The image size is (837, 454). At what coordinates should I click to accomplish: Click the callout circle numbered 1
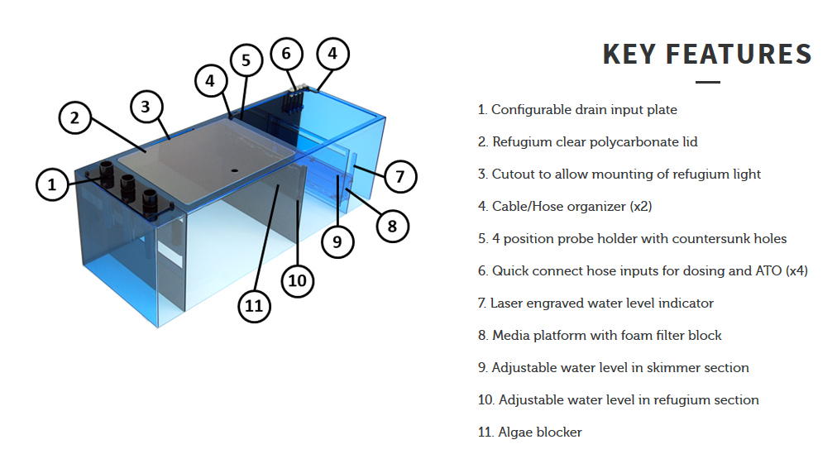coord(52,184)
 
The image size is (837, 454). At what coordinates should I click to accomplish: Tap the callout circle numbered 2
coord(74,117)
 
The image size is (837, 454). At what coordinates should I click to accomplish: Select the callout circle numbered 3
coord(146,106)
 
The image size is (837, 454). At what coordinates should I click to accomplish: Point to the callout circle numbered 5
coord(246,60)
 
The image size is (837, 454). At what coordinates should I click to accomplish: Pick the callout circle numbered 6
coord(287,54)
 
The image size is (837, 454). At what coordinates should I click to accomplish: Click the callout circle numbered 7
coord(399,177)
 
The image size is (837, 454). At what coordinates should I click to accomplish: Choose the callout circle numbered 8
coord(392,227)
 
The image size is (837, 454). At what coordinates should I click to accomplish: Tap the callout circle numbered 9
coord(337,241)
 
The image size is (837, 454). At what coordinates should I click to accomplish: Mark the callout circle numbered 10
coord(297,280)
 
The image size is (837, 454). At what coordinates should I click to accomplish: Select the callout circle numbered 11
coord(254,306)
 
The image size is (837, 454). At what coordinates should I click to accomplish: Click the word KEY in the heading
coord(629,55)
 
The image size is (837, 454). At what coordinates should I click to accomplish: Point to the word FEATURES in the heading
coord(739,55)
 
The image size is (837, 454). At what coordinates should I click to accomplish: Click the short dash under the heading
coord(708,82)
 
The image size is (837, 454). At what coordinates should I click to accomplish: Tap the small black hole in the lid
coord(234,170)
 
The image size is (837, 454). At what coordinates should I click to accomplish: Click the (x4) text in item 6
coord(796,271)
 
